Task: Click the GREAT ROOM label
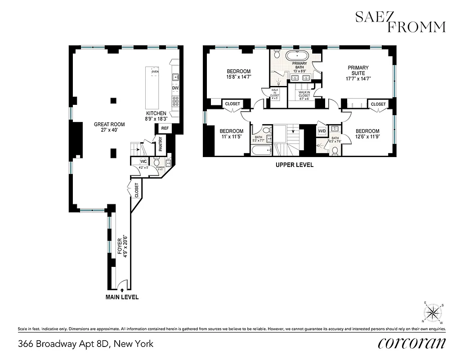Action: click(109, 124)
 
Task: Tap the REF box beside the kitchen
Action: click(165, 128)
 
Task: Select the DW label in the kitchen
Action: click(175, 88)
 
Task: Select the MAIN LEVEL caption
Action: click(122, 297)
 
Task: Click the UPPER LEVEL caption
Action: click(295, 165)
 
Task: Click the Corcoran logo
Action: click(412, 343)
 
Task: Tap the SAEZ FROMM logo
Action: click(400, 22)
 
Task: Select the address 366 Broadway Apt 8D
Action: click(85, 344)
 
